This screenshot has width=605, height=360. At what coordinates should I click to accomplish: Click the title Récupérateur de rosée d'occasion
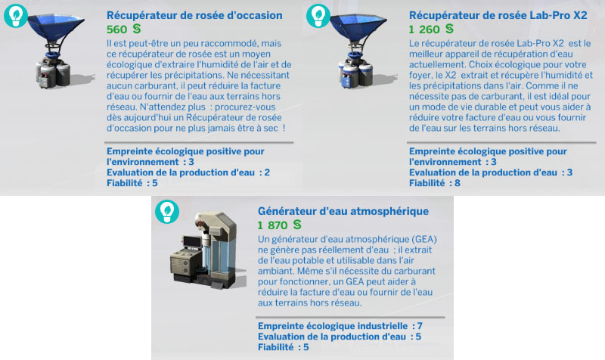coord(194,15)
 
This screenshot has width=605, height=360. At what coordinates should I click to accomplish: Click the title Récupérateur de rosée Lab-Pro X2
coord(498,15)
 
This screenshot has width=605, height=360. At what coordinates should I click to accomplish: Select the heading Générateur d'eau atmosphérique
coord(343,211)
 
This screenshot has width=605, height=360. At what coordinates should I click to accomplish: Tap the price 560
coord(117,29)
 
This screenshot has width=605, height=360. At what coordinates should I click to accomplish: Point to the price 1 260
coord(423,29)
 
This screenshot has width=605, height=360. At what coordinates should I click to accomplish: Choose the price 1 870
coord(272,225)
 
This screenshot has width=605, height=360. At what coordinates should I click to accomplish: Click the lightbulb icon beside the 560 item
coord(14,15)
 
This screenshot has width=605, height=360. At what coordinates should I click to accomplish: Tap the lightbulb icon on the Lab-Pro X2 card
coord(317,15)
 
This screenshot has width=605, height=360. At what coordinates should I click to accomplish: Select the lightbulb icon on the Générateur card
coord(166,211)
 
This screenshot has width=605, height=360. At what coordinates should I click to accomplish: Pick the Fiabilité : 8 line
coord(434,182)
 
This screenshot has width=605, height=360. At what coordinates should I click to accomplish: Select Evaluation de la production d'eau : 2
coord(188,172)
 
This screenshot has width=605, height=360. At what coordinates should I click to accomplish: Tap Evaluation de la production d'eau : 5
coord(339,337)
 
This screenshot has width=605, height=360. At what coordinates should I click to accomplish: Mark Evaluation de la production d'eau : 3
coord(490,172)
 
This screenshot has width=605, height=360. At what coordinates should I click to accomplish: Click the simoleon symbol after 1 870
coord(297,225)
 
